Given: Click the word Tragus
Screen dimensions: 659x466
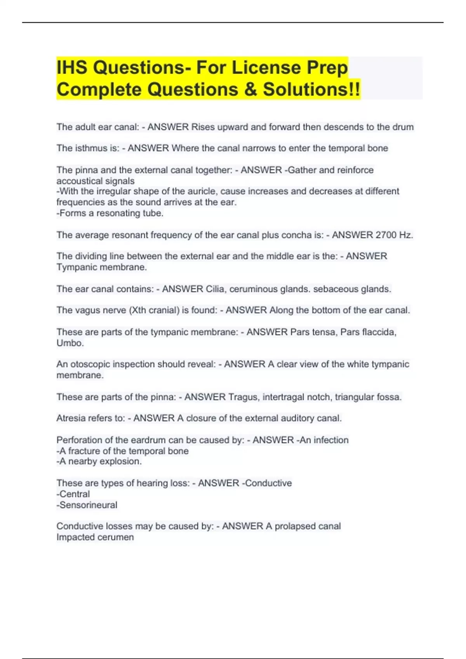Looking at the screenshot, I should (x=244, y=397).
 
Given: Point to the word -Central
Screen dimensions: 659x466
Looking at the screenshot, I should (x=73, y=494).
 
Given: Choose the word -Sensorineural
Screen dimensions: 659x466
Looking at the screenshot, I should (x=87, y=505).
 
